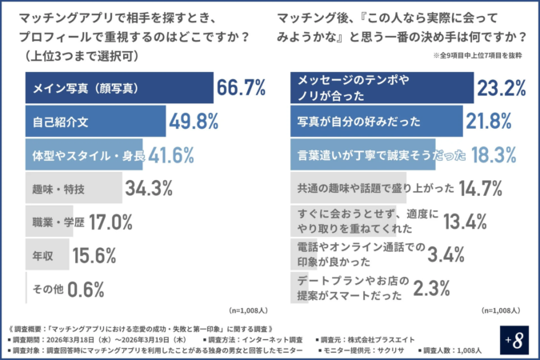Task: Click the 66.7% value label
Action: point(241,87)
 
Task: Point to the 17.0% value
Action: point(110,221)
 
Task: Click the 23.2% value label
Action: point(502,88)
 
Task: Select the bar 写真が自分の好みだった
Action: point(376,122)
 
